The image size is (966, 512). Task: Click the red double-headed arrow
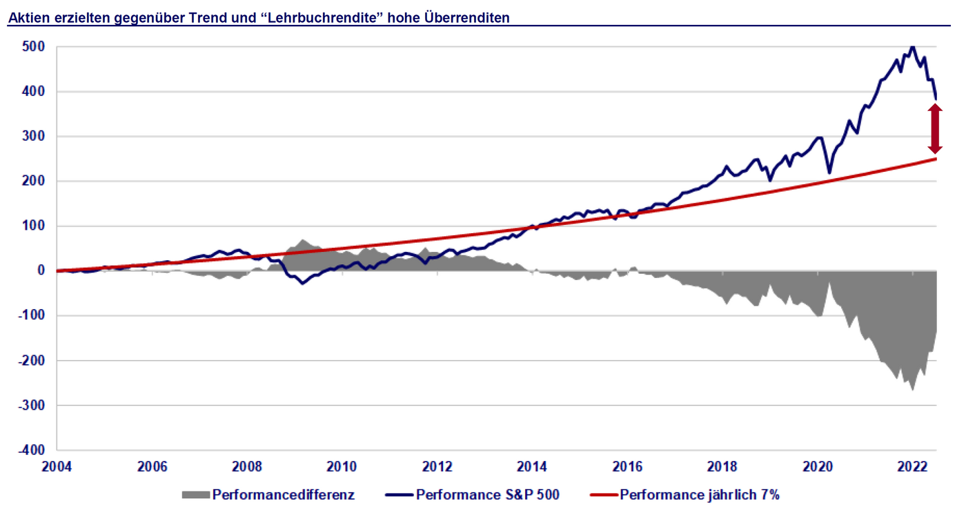click(935, 129)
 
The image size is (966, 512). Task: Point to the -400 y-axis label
click(33, 450)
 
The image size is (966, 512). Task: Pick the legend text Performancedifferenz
click(284, 494)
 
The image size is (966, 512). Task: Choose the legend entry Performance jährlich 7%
click(700, 494)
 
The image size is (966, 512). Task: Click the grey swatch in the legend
click(195, 494)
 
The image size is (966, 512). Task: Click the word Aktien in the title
click(26, 18)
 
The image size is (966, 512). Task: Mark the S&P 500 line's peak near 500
click(912, 47)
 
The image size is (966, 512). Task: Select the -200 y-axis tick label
click(33, 360)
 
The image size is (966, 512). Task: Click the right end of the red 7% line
click(936, 159)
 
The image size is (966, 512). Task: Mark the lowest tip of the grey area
click(912, 391)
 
